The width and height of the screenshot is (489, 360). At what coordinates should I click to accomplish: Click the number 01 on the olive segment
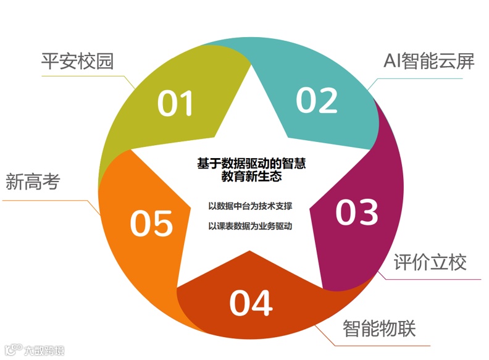pyautogui.click(x=175, y=104)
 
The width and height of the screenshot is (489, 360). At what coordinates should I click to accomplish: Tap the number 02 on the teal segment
pyautogui.click(x=317, y=99)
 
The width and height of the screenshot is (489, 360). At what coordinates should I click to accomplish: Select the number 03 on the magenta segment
pyautogui.click(x=356, y=212)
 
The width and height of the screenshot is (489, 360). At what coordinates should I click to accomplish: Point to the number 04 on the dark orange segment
pyautogui.click(x=251, y=303)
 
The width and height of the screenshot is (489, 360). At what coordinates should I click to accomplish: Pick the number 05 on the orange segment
pyautogui.click(x=151, y=223)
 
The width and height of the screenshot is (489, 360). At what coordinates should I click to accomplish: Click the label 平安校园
pyautogui.click(x=77, y=62)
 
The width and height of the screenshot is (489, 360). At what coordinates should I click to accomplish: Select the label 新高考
pyautogui.click(x=33, y=182)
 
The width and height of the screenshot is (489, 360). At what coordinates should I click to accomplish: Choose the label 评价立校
pyautogui.click(x=430, y=262)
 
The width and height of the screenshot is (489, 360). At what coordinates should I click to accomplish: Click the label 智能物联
pyautogui.click(x=379, y=327)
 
